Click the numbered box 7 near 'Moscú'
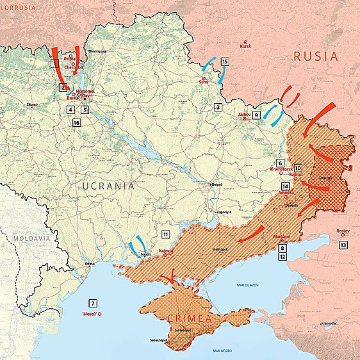(x=93, y=302)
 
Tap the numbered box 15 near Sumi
(x=225, y=61)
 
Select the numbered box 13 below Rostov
(x=343, y=245)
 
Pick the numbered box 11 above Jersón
(x=166, y=234)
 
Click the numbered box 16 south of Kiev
(x=77, y=122)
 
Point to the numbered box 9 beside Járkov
(x=256, y=115)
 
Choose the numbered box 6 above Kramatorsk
(x=280, y=163)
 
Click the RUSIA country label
(x=315, y=56)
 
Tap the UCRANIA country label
(x=108, y=186)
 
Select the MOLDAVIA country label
(x=30, y=238)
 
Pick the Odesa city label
(x=89, y=263)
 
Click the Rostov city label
(x=343, y=231)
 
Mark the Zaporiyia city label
(x=224, y=210)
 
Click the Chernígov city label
(x=96, y=51)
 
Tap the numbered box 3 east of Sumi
(x=218, y=107)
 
